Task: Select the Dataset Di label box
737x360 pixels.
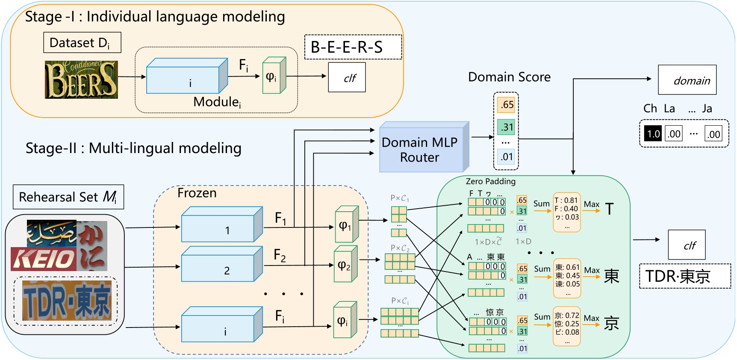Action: [x=82, y=43]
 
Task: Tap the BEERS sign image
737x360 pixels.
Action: [x=81, y=80]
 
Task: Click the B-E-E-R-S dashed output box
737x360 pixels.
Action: [x=353, y=47]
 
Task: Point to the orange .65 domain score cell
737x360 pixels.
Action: [x=506, y=105]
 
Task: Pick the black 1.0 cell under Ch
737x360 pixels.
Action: [x=653, y=134]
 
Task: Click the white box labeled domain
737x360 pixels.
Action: [x=687, y=80]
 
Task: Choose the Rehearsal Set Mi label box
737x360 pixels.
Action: [x=68, y=197]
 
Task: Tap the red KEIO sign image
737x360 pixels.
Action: [x=44, y=259]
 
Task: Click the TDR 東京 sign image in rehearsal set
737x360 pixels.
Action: [x=67, y=301]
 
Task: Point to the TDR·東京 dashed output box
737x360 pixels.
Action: [x=685, y=276]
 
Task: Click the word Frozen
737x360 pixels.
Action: [x=197, y=193]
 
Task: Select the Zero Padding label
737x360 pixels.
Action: [x=490, y=181]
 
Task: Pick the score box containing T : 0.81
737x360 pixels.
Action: [x=566, y=212]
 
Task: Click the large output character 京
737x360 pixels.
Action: [x=611, y=323]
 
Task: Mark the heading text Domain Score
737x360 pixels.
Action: [x=509, y=77]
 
